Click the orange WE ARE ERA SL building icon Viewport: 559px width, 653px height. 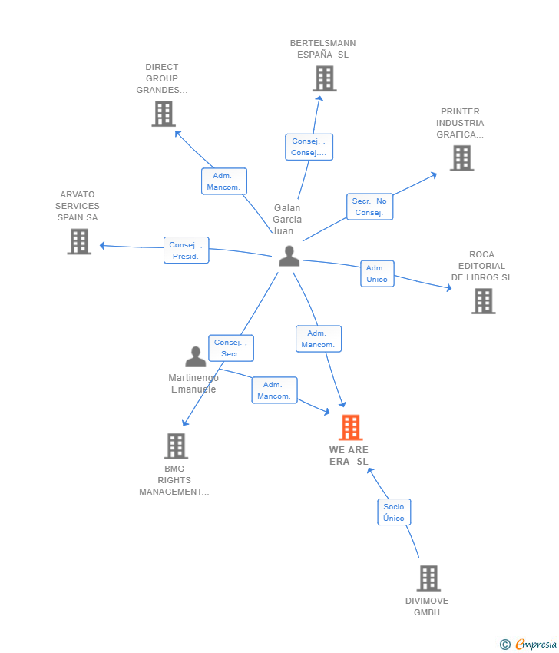pos(350,427)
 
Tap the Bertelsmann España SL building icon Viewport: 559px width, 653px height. pos(325,78)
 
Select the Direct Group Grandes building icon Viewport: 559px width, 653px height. pos(164,114)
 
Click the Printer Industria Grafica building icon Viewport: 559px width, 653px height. pos(461,158)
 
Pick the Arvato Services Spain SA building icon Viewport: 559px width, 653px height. pos(79,241)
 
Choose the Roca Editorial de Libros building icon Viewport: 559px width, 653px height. pos(483,301)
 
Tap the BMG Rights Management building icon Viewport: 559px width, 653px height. pos(176,446)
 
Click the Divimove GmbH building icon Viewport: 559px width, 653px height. pos(428,578)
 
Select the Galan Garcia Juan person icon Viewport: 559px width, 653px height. pos(289,256)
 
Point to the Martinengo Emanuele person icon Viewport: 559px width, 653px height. pos(196,356)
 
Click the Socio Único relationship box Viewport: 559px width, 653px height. pos(394,512)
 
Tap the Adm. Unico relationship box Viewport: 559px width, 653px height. pos(377,273)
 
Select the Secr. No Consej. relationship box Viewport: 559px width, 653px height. pos(369,207)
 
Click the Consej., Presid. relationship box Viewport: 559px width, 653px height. pos(186,250)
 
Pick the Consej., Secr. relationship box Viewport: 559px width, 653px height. pos(231,348)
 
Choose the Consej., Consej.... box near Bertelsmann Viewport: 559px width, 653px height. pos(309,147)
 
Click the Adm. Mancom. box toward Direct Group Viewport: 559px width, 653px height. pos(224,181)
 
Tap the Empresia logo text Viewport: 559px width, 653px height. pos(536,645)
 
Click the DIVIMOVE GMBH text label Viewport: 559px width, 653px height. pos(427,606)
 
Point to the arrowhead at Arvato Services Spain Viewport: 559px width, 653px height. pos(102,246)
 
